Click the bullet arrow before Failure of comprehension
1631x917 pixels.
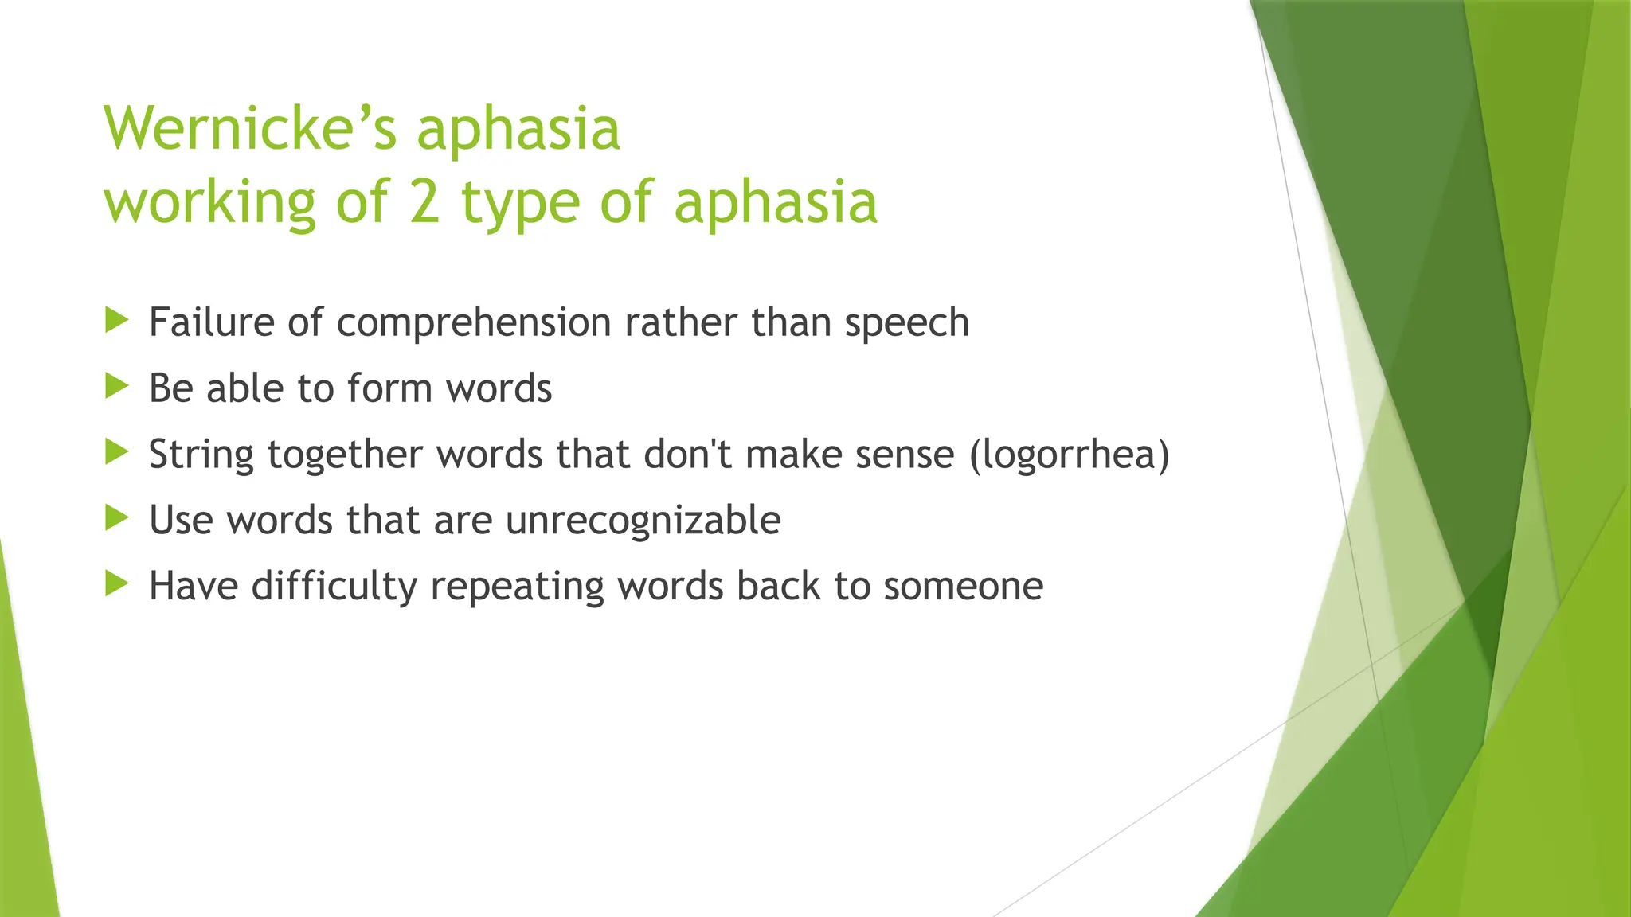[116, 321]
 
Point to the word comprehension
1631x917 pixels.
[474, 324]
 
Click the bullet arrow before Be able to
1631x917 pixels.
[116, 387]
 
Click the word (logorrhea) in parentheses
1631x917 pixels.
[1070, 455]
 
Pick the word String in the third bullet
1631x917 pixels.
[201, 455]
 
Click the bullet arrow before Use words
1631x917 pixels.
[116, 519]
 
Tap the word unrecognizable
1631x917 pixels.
[643, 521]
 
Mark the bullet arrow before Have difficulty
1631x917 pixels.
[116, 585]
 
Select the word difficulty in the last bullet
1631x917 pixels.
[334, 587]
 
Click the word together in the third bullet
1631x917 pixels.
[344, 455]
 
